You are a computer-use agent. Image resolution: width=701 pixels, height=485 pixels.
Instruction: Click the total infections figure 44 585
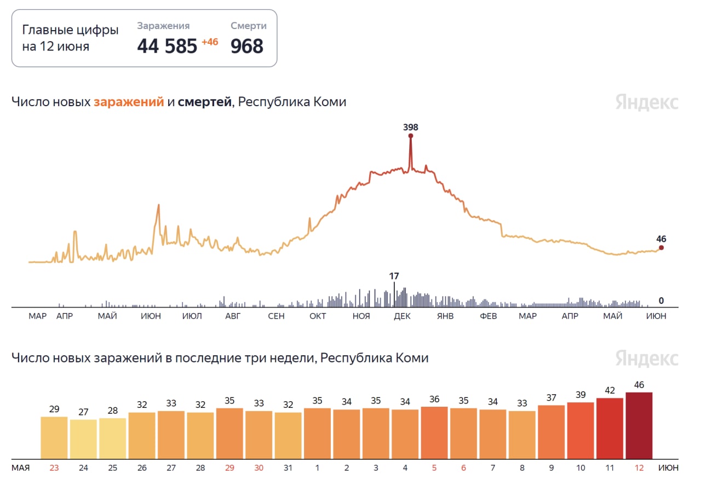pyautogui.click(x=166, y=47)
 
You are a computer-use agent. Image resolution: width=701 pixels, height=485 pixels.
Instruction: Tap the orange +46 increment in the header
pyautogui.click(x=210, y=42)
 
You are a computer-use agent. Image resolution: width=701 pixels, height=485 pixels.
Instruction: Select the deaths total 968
pyautogui.click(x=246, y=47)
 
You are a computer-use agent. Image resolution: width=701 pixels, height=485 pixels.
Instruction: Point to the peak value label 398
pyautogui.click(x=410, y=127)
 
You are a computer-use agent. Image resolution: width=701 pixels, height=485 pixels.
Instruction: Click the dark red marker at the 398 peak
pyautogui.click(x=410, y=136)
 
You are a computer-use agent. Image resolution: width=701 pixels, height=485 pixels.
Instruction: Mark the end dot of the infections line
pyautogui.click(x=661, y=248)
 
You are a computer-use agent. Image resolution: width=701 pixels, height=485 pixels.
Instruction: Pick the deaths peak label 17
pyautogui.click(x=394, y=276)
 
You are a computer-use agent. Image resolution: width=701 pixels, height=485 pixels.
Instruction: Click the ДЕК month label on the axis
pyautogui.click(x=403, y=316)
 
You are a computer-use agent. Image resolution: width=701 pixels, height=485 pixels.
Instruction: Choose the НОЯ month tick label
pyautogui.click(x=361, y=316)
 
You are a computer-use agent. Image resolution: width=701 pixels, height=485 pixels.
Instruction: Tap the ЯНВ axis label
pyautogui.click(x=445, y=316)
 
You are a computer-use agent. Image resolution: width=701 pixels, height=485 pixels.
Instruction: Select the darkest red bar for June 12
pyautogui.click(x=639, y=425)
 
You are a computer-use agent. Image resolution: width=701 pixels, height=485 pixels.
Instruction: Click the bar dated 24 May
pyautogui.click(x=83, y=439)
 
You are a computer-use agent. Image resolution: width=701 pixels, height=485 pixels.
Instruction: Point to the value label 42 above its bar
pyautogui.click(x=610, y=391)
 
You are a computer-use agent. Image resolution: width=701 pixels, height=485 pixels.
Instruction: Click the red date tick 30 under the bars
pyautogui.click(x=258, y=468)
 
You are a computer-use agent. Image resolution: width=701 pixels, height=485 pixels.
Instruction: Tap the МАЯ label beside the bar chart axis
pyautogui.click(x=21, y=468)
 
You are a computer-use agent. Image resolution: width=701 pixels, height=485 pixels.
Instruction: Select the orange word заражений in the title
pyautogui.click(x=129, y=102)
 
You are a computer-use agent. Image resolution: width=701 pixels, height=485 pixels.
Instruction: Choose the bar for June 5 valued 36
pyautogui.click(x=434, y=432)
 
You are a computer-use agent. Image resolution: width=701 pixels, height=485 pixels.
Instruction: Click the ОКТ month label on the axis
pyautogui.click(x=318, y=316)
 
